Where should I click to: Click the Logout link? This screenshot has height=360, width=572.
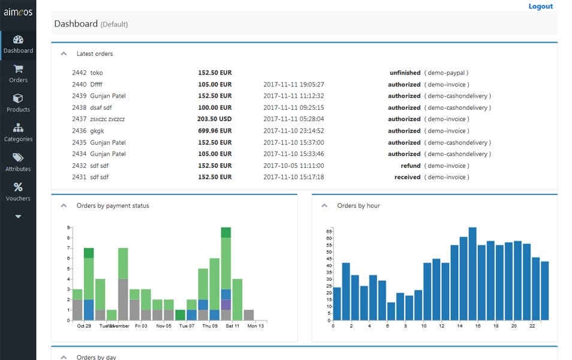[540, 7]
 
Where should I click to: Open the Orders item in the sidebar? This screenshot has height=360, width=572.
[18, 74]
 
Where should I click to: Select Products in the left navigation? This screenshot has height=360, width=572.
[18, 103]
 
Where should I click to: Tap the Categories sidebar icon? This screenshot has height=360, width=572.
[18, 128]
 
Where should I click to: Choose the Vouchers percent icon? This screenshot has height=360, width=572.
[18, 187]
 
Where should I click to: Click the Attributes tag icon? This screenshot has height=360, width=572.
[18, 158]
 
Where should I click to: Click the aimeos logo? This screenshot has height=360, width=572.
[18, 12]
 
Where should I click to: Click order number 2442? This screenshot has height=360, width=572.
[79, 73]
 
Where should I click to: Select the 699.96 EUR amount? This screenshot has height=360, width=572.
[215, 131]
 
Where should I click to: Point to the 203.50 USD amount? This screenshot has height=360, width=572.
[215, 119]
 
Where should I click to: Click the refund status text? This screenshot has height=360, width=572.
[410, 166]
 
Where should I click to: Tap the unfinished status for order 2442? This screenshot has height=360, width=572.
[405, 73]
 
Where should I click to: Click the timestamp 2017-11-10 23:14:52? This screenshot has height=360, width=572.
[293, 131]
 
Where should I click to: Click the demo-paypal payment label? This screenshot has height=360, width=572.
[447, 73]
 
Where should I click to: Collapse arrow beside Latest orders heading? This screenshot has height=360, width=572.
[64, 53]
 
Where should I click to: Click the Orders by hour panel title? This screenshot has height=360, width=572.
[358, 206]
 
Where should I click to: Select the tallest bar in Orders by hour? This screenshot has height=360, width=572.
[472, 274]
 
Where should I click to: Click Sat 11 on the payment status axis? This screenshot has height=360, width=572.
[233, 326]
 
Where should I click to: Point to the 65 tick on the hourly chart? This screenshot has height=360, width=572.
[329, 231]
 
